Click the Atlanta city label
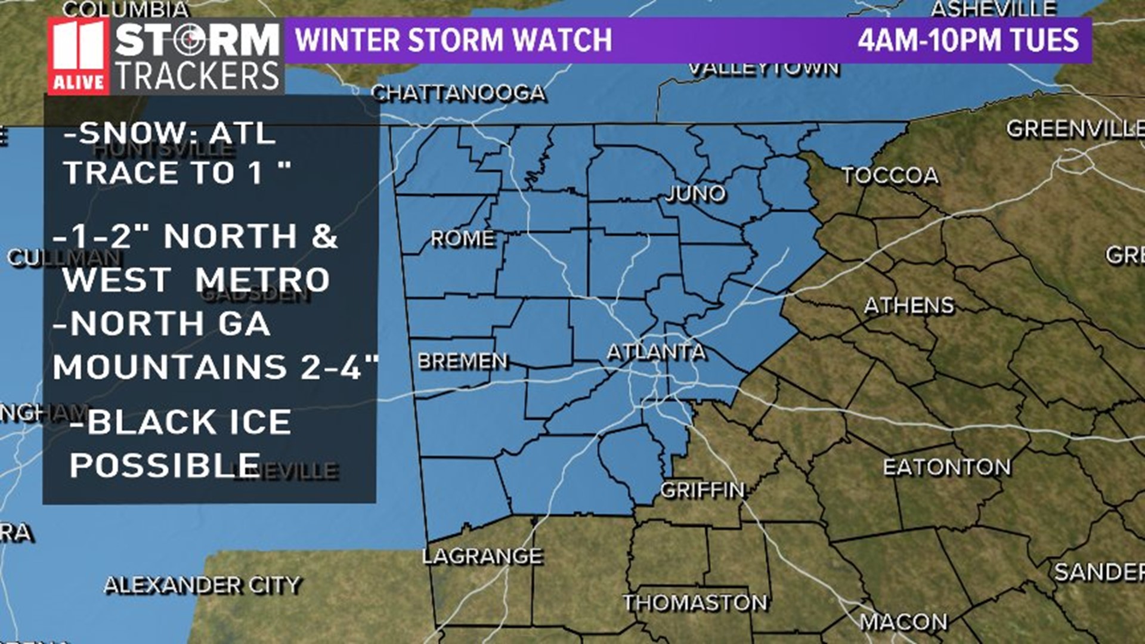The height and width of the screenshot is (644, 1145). pyautogui.click(x=656, y=352)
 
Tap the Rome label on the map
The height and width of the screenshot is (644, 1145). pyautogui.click(x=463, y=239)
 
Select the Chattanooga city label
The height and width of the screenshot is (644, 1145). pyautogui.click(x=458, y=93)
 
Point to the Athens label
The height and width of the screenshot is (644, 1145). pyautogui.click(x=909, y=305)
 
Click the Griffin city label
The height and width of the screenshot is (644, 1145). pyautogui.click(x=703, y=490)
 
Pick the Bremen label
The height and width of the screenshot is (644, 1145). pyautogui.click(x=463, y=361)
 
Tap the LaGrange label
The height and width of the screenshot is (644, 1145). pyautogui.click(x=482, y=556)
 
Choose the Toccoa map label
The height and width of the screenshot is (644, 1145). pyautogui.click(x=890, y=175)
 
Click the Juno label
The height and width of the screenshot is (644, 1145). pyautogui.click(x=695, y=193)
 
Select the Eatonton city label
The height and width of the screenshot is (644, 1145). pyautogui.click(x=947, y=467)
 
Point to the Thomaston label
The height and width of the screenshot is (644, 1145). pyautogui.click(x=695, y=603)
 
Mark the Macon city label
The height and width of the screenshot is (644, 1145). pyautogui.click(x=903, y=622)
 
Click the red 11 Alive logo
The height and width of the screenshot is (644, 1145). pyautogui.click(x=78, y=56)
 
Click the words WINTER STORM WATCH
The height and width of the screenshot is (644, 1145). pyautogui.click(x=453, y=40)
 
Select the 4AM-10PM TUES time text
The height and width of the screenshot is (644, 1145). pyautogui.click(x=968, y=40)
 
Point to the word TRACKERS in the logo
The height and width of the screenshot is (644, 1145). pyautogui.click(x=197, y=76)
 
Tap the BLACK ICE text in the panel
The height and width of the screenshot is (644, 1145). pyautogui.click(x=189, y=422)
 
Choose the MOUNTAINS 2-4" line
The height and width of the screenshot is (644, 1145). pyautogui.click(x=216, y=367)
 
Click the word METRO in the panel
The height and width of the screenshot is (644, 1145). pyautogui.click(x=262, y=280)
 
